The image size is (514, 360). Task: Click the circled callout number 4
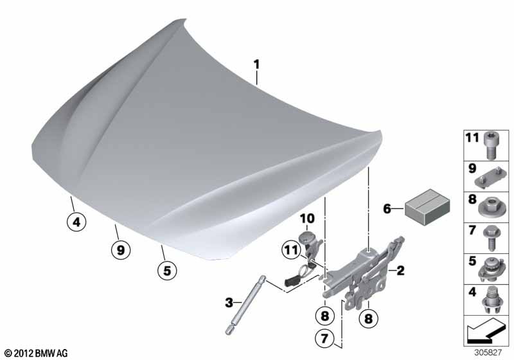[76, 222]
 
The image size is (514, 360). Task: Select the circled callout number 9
[121, 250]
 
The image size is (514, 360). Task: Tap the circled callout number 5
[167, 271]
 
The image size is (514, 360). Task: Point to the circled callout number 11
[291, 250]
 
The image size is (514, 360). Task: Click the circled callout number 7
[324, 338]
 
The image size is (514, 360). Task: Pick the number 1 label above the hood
[256, 64]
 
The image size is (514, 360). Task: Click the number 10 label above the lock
[307, 219]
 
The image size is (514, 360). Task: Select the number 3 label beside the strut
[229, 302]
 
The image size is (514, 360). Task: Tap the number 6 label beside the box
[387, 208]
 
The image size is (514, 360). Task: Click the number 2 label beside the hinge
[400, 271]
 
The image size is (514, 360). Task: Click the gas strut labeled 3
[246, 305]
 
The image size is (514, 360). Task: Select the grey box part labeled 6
[427, 206]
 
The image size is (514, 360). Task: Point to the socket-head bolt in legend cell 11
[490, 146]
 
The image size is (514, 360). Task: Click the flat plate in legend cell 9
[490, 177]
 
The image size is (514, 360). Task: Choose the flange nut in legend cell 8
[490, 207]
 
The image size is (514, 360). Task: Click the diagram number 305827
[488, 352]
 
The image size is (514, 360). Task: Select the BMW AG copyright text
[37, 353]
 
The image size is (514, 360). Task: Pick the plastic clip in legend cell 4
[492, 301]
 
